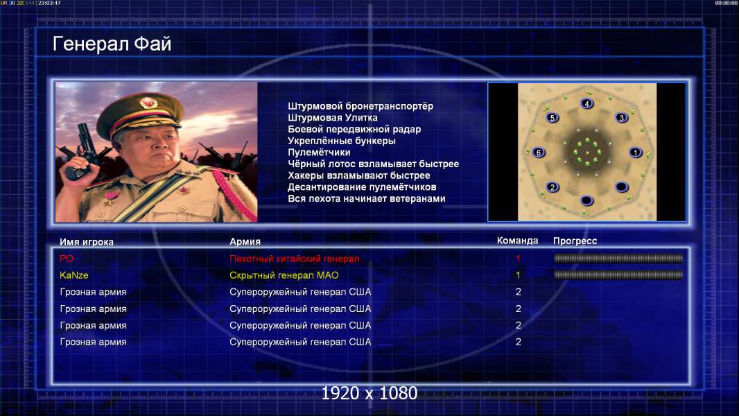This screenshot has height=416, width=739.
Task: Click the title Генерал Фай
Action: pyautogui.click(x=112, y=44)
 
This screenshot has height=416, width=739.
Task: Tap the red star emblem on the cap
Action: pyautogui.click(x=148, y=102)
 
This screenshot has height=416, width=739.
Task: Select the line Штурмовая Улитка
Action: pyautogui.click(x=332, y=118)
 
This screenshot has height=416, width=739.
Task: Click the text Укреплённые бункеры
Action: pyautogui.click(x=341, y=141)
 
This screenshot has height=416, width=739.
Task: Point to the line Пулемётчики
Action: pyautogui.click(x=319, y=152)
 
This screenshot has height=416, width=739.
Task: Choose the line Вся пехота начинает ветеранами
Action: pyautogui.click(x=366, y=198)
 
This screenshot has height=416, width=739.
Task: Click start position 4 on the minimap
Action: pyautogui.click(x=586, y=103)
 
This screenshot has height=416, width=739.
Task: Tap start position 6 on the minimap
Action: pyautogui.click(x=539, y=152)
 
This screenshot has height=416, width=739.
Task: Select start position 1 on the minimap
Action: pyautogui.click(x=635, y=152)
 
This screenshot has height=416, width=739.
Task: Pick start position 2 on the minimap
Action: pyautogui.click(x=553, y=187)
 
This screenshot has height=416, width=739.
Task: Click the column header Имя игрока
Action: pyautogui.click(x=86, y=242)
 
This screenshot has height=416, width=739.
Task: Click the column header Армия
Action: pyautogui.click(x=245, y=242)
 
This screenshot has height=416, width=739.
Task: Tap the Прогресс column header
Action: pyautogui.click(x=575, y=241)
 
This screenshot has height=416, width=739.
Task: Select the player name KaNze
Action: pyautogui.click(x=74, y=275)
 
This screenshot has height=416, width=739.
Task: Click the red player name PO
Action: pyautogui.click(x=67, y=258)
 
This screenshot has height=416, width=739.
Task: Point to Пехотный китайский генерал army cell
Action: pyautogui.click(x=294, y=259)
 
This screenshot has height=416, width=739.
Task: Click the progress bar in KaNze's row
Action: pyautogui.click(x=618, y=275)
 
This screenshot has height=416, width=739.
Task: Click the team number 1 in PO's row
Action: pyautogui.click(x=518, y=258)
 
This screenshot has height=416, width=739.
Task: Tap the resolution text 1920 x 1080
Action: pyautogui.click(x=369, y=393)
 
